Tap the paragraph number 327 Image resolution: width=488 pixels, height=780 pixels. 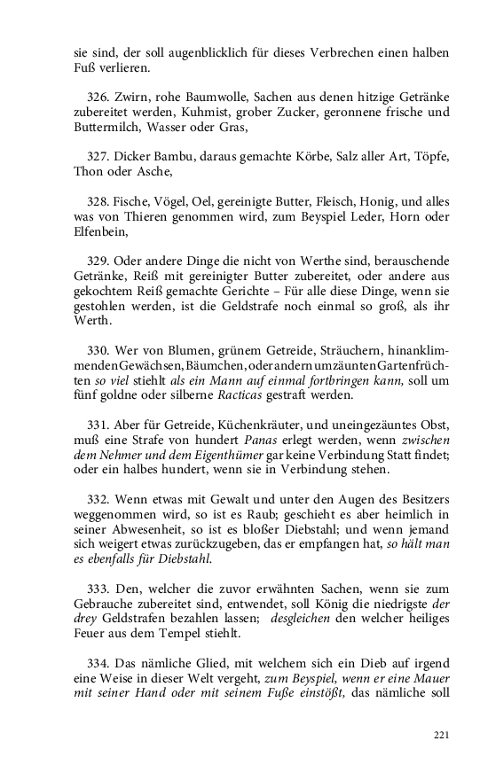click(x=101, y=157)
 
